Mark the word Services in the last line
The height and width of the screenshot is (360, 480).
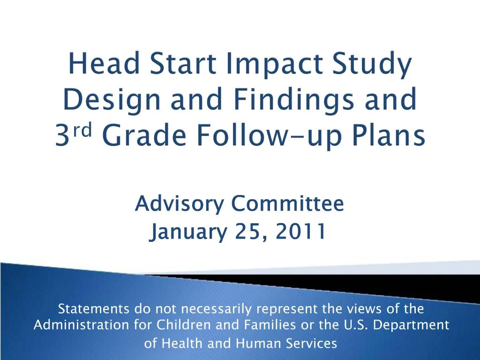(x=313, y=344)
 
